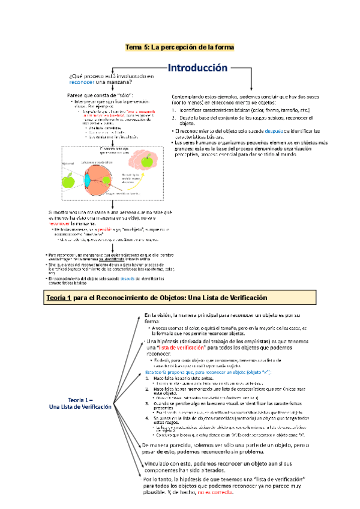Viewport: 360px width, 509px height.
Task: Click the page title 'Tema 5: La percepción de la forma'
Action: click(x=179, y=47)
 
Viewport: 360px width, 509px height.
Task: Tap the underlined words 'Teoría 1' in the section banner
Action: click(x=60, y=298)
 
